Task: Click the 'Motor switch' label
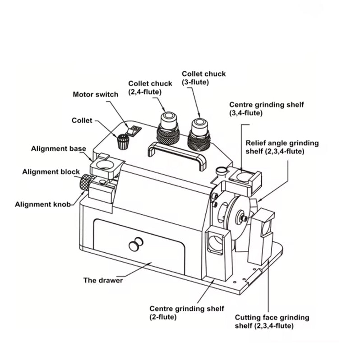95,95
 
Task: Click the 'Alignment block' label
51,172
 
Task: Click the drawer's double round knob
135,245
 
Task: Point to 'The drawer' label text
103,280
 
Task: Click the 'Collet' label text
82,120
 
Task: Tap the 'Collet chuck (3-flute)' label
204,78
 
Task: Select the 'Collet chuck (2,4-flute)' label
150,88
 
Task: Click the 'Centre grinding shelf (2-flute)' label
187,313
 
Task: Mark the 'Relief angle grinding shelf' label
282,147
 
